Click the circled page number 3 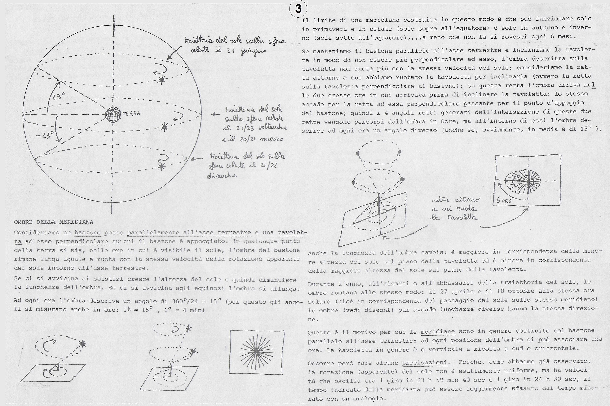[298, 9]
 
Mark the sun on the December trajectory [162, 166]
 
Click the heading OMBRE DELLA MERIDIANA [54, 222]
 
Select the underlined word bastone [87, 232]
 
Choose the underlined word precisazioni [424, 362]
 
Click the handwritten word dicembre [222, 176]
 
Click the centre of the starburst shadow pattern [256, 351]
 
